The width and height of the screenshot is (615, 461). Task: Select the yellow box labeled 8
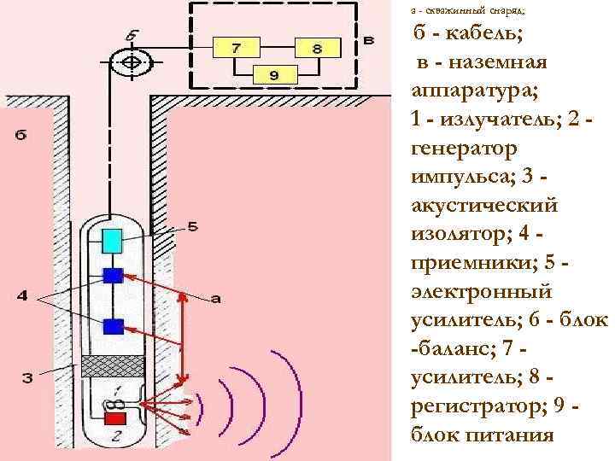[315, 49]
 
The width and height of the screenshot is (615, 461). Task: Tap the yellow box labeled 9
[273, 76]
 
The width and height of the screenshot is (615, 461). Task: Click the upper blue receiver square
[113, 275]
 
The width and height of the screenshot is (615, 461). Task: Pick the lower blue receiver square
[113, 325]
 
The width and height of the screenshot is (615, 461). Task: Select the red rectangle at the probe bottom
[114, 417]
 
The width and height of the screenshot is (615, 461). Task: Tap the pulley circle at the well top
[133, 63]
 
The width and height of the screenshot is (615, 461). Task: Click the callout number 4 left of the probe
[22, 296]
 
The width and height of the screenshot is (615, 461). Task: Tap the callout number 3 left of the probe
[26, 377]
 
